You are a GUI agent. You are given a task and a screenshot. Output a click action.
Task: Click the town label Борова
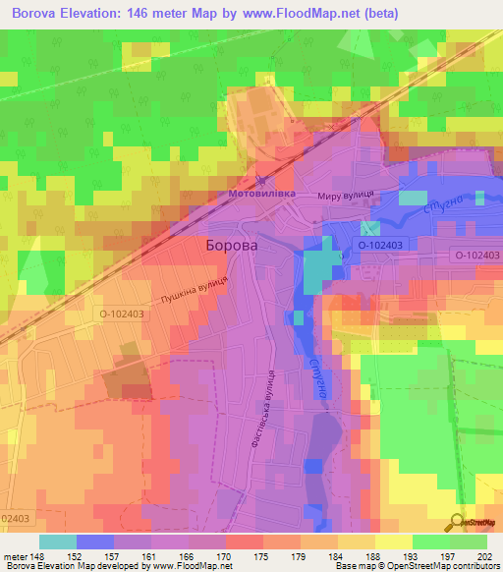click(232, 246)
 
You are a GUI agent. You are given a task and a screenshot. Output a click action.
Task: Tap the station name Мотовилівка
click(260, 194)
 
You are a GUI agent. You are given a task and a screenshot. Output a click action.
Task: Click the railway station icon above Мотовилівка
click(260, 180)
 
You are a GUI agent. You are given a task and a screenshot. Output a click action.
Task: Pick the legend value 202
click(483, 556)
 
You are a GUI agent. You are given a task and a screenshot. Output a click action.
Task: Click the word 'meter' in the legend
click(15, 556)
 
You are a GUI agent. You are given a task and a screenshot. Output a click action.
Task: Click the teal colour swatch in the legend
click(58, 542)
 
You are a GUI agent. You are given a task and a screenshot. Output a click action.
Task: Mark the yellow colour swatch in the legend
click(393, 542)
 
